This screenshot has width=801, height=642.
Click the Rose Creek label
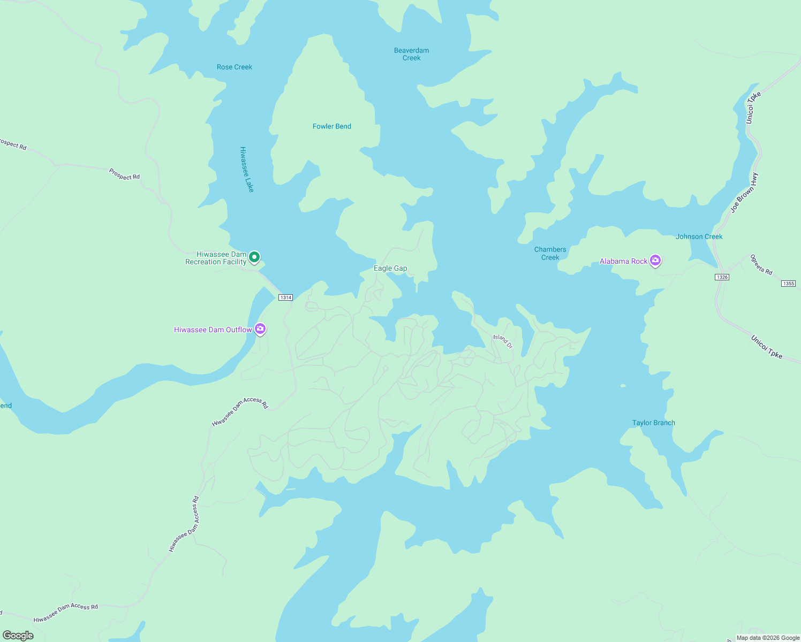click(x=235, y=67)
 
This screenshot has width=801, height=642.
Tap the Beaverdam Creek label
click(x=411, y=54)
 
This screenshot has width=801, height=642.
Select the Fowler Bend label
click(x=332, y=126)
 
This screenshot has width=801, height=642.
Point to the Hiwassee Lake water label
click(x=247, y=170)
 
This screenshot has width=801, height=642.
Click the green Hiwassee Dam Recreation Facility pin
click(x=255, y=258)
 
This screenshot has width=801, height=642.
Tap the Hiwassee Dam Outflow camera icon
click(x=260, y=329)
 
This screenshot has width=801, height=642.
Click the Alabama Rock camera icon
click(x=655, y=261)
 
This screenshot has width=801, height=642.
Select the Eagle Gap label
click(x=390, y=268)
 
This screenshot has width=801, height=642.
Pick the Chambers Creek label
click(x=550, y=253)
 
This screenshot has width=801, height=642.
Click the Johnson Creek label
click(x=699, y=236)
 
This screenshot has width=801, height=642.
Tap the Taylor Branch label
click(x=653, y=423)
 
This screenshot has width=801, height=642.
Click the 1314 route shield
click(x=285, y=297)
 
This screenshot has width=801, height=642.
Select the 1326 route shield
click(x=722, y=277)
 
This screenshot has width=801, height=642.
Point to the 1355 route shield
click(x=788, y=284)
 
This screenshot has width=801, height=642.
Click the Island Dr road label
click(x=503, y=341)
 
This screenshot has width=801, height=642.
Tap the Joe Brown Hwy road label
click(x=744, y=193)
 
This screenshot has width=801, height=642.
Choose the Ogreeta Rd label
click(x=761, y=265)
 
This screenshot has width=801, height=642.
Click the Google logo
click(x=18, y=636)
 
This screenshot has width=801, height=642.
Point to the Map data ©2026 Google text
click(x=768, y=638)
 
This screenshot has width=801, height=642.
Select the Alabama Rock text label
click(x=623, y=261)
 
